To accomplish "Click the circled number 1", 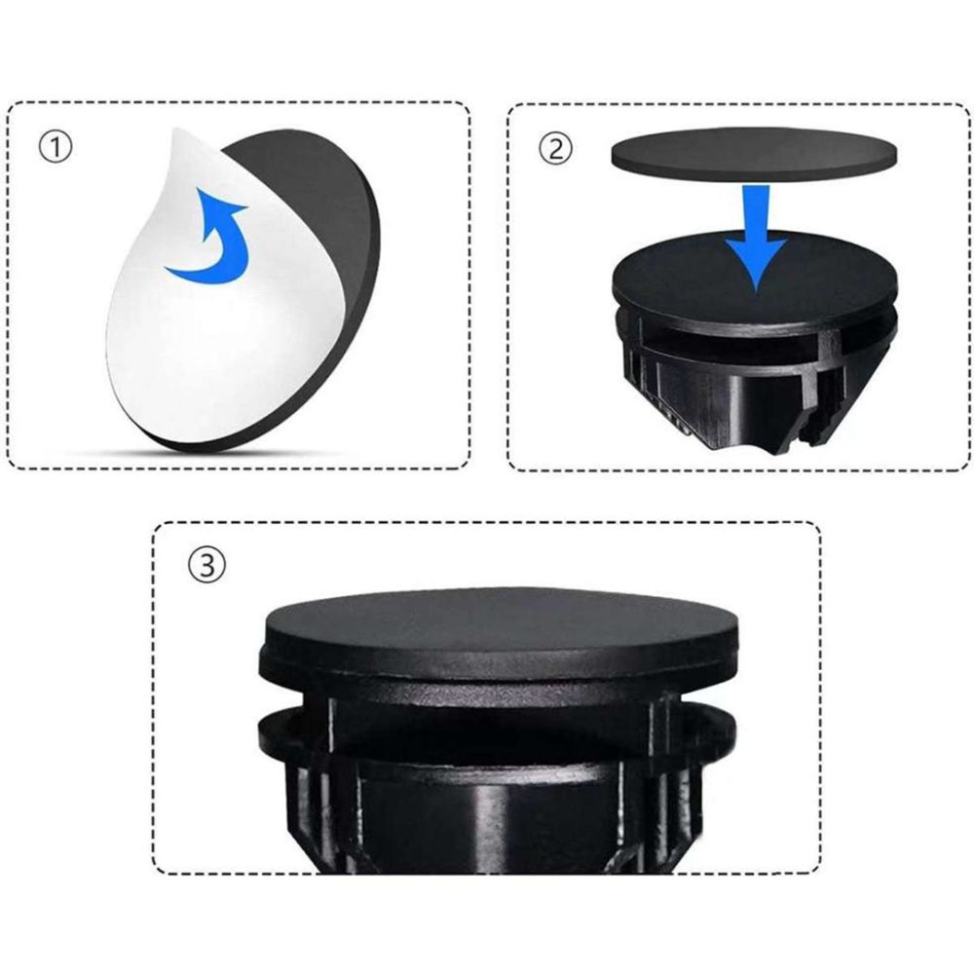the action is [x=56, y=147].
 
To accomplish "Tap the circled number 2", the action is [x=555, y=148].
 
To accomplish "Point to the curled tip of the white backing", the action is [x=175, y=131].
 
